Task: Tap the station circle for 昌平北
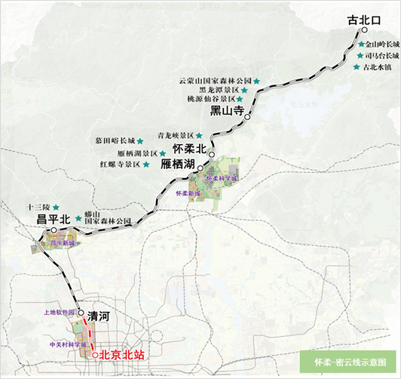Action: (54, 230)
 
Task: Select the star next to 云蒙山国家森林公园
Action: (256, 80)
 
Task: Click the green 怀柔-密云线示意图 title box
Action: (347, 361)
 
